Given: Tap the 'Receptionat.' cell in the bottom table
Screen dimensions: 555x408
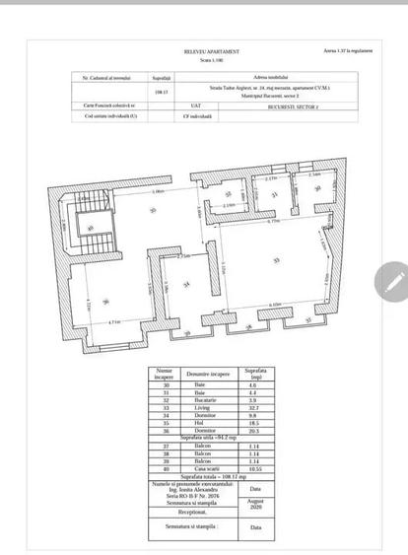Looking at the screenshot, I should (192, 513).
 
